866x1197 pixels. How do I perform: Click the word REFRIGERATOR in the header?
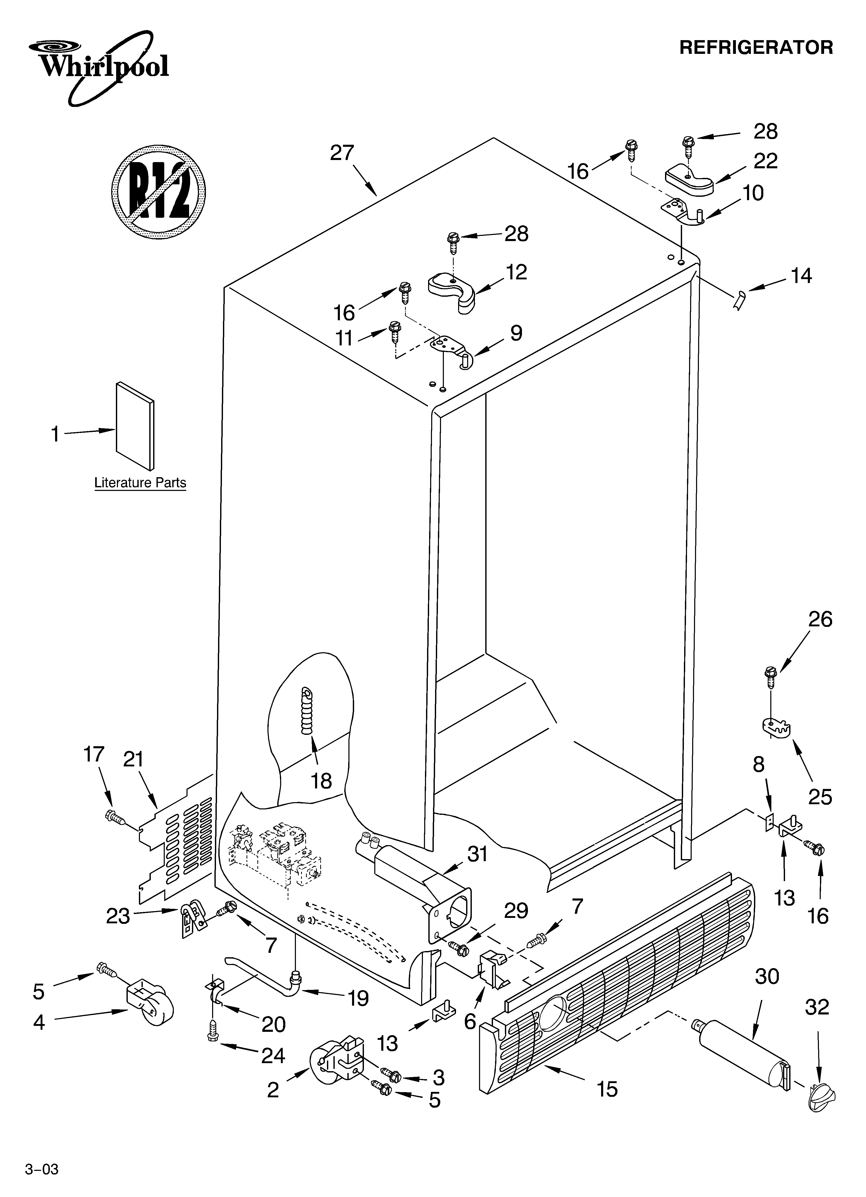tap(756, 47)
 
